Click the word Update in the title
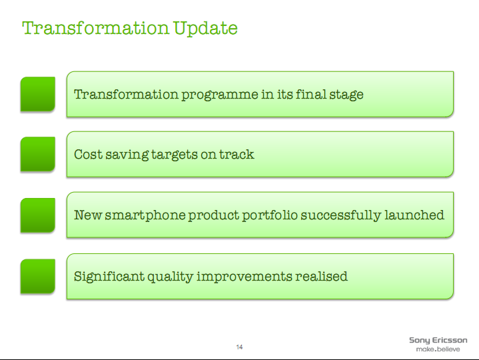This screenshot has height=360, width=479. (x=205, y=29)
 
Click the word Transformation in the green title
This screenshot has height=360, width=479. (x=96, y=28)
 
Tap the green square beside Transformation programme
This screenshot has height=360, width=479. (x=38, y=94)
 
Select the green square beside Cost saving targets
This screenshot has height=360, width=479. (x=38, y=154)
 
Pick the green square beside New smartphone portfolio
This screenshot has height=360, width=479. (x=38, y=215)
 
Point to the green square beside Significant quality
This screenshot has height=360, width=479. (x=38, y=276)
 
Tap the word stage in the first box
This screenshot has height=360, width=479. (x=346, y=95)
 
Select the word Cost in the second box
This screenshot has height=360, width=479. (x=89, y=154)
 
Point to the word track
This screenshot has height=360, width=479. (x=237, y=154)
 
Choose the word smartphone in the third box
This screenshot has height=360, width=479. (x=145, y=215)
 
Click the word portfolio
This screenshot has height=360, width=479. (x=270, y=215)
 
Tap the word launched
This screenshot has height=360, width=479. (x=414, y=215)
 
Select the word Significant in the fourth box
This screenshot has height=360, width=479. (x=109, y=277)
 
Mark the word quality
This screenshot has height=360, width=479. (x=170, y=277)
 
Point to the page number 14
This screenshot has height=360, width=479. (x=240, y=347)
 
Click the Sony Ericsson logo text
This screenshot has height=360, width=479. (x=438, y=341)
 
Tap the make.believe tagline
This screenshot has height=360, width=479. (x=438, y=349)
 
